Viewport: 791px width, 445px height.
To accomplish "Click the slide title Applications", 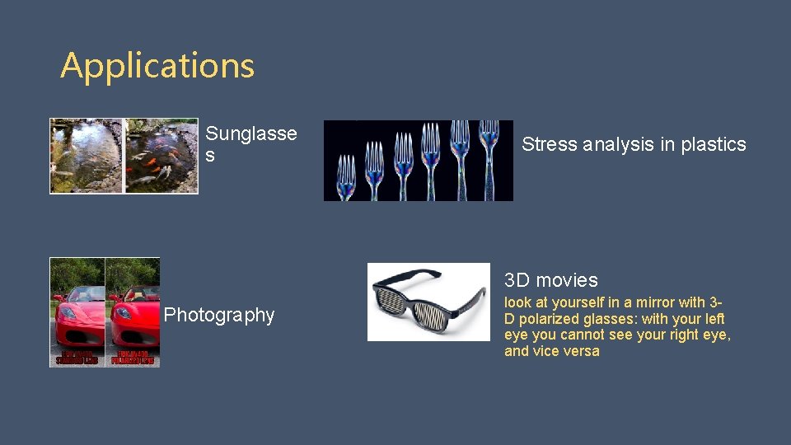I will (157, 66).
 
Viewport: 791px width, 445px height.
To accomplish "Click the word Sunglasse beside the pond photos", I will (251, 134).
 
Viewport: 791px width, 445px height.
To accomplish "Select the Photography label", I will (219, 315).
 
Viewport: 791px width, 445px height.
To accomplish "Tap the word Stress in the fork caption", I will (550, 144).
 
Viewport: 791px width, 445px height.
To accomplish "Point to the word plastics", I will (713, 144).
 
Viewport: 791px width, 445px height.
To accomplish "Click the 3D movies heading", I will (550, 280).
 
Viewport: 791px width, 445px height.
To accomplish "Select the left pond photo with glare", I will (87, 156).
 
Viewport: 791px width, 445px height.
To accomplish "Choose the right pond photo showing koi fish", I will (161, 156).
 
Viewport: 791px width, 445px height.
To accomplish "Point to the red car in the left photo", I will (77, 318).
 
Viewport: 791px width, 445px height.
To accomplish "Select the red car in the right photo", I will (134, 318).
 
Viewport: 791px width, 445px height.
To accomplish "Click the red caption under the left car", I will (77, 358).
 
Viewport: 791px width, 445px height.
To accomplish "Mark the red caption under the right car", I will (133, 358).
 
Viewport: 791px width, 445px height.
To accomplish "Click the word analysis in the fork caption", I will (619, 144).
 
